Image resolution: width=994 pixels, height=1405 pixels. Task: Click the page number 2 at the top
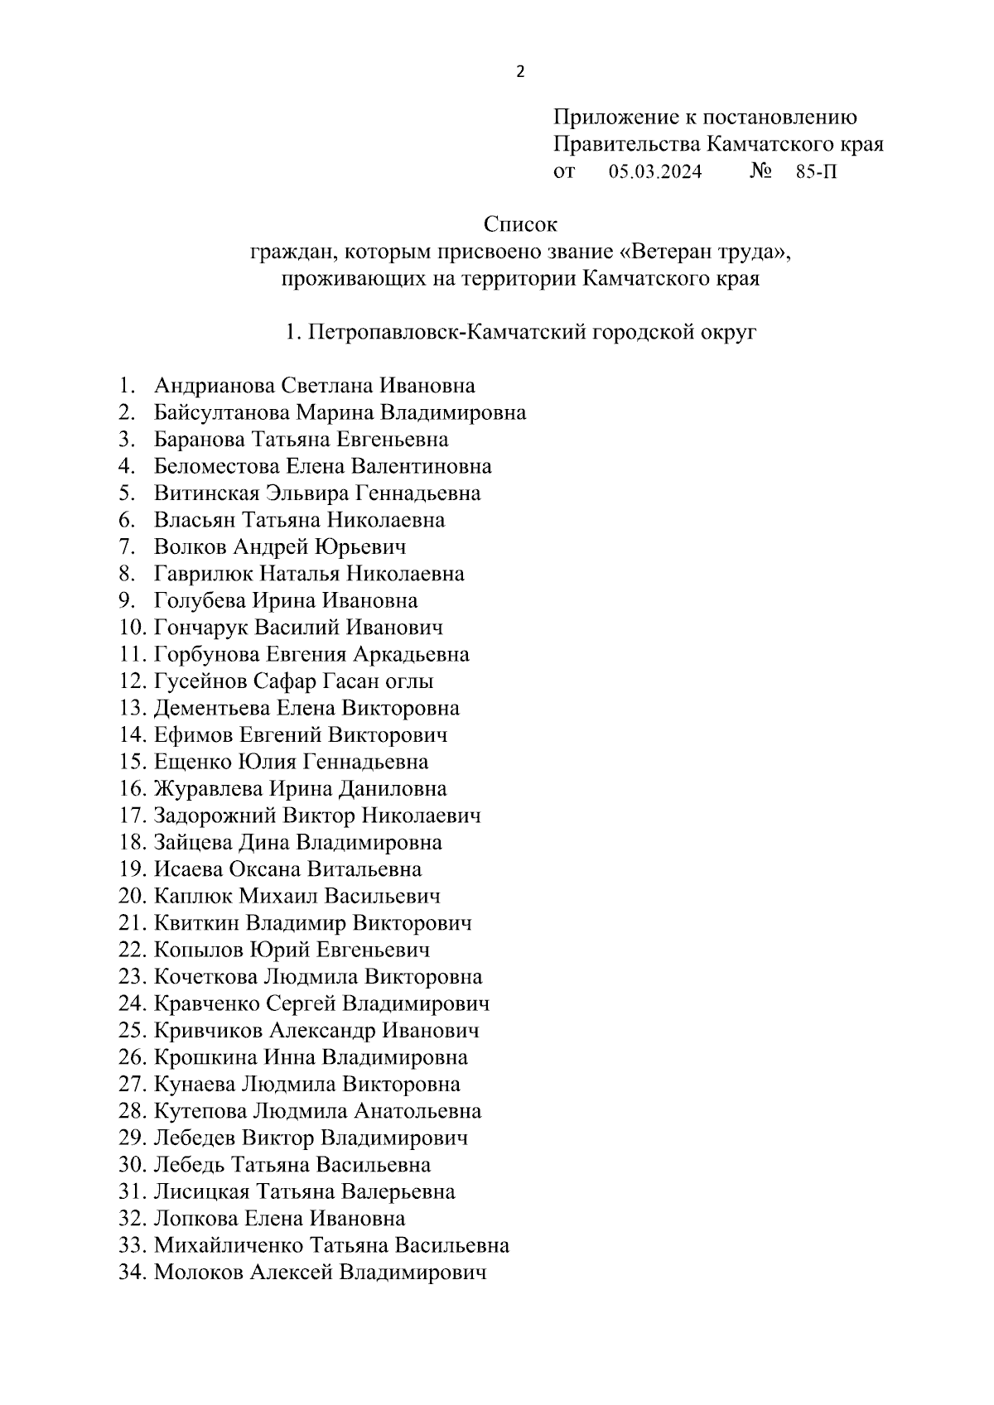520,72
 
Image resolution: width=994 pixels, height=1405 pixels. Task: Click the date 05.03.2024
655,172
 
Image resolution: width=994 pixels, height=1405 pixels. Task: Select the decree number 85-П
816,172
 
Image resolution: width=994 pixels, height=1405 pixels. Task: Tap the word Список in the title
520,224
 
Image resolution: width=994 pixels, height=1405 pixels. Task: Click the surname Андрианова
215,386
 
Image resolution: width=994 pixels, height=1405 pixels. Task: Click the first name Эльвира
306,493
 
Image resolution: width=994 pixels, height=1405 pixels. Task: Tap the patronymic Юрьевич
362,547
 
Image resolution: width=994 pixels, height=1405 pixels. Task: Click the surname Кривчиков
210,1031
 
